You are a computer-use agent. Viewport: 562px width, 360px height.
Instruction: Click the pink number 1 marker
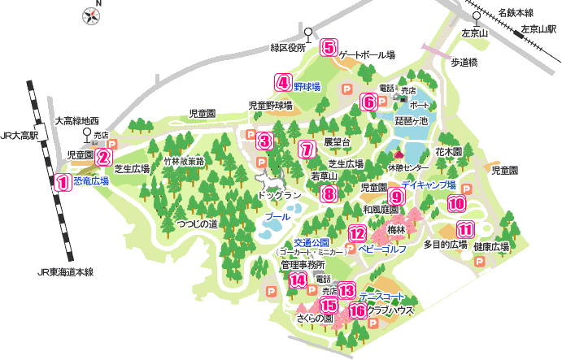(60, 182)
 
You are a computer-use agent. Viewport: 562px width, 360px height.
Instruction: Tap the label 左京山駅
(538, 28)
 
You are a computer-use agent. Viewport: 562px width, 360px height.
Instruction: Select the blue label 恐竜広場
(91, 182)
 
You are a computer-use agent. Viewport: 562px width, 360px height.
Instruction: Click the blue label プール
(277, 219)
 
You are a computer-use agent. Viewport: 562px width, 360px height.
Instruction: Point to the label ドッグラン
(279, 196)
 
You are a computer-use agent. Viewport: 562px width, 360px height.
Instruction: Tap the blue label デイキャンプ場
(428, 185)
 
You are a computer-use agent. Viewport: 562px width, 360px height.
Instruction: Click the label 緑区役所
(288, 48)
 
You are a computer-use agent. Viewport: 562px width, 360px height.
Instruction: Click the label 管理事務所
(303, 265)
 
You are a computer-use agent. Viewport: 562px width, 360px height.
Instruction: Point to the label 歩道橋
(464, 62)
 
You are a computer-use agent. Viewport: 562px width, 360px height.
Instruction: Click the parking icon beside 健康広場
(479, 262)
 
